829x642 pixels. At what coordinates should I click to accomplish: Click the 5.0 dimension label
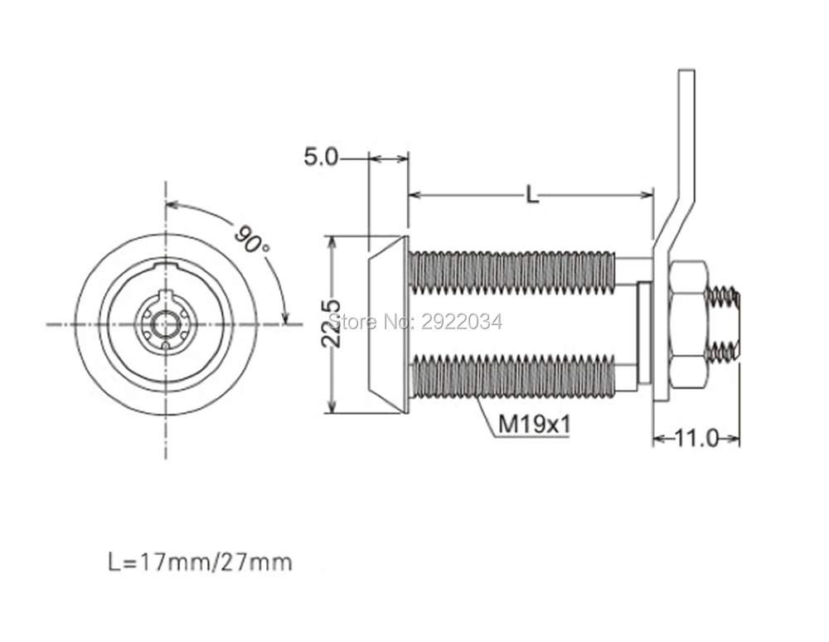tap(320, 157)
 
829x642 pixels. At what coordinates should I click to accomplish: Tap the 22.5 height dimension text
tap(332, 323)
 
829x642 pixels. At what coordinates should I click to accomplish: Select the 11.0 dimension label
tap(696, 438)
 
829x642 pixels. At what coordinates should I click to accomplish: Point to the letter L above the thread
tap(532, 195)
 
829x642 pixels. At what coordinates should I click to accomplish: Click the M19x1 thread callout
tap(535, 424)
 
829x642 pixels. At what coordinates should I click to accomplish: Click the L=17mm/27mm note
tap(200, 562)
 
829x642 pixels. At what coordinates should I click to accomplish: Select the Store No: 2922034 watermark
tap(415, 322)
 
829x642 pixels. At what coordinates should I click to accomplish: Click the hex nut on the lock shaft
tap(686, 324)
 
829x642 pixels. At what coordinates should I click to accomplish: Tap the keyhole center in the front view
tap(166, 323)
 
